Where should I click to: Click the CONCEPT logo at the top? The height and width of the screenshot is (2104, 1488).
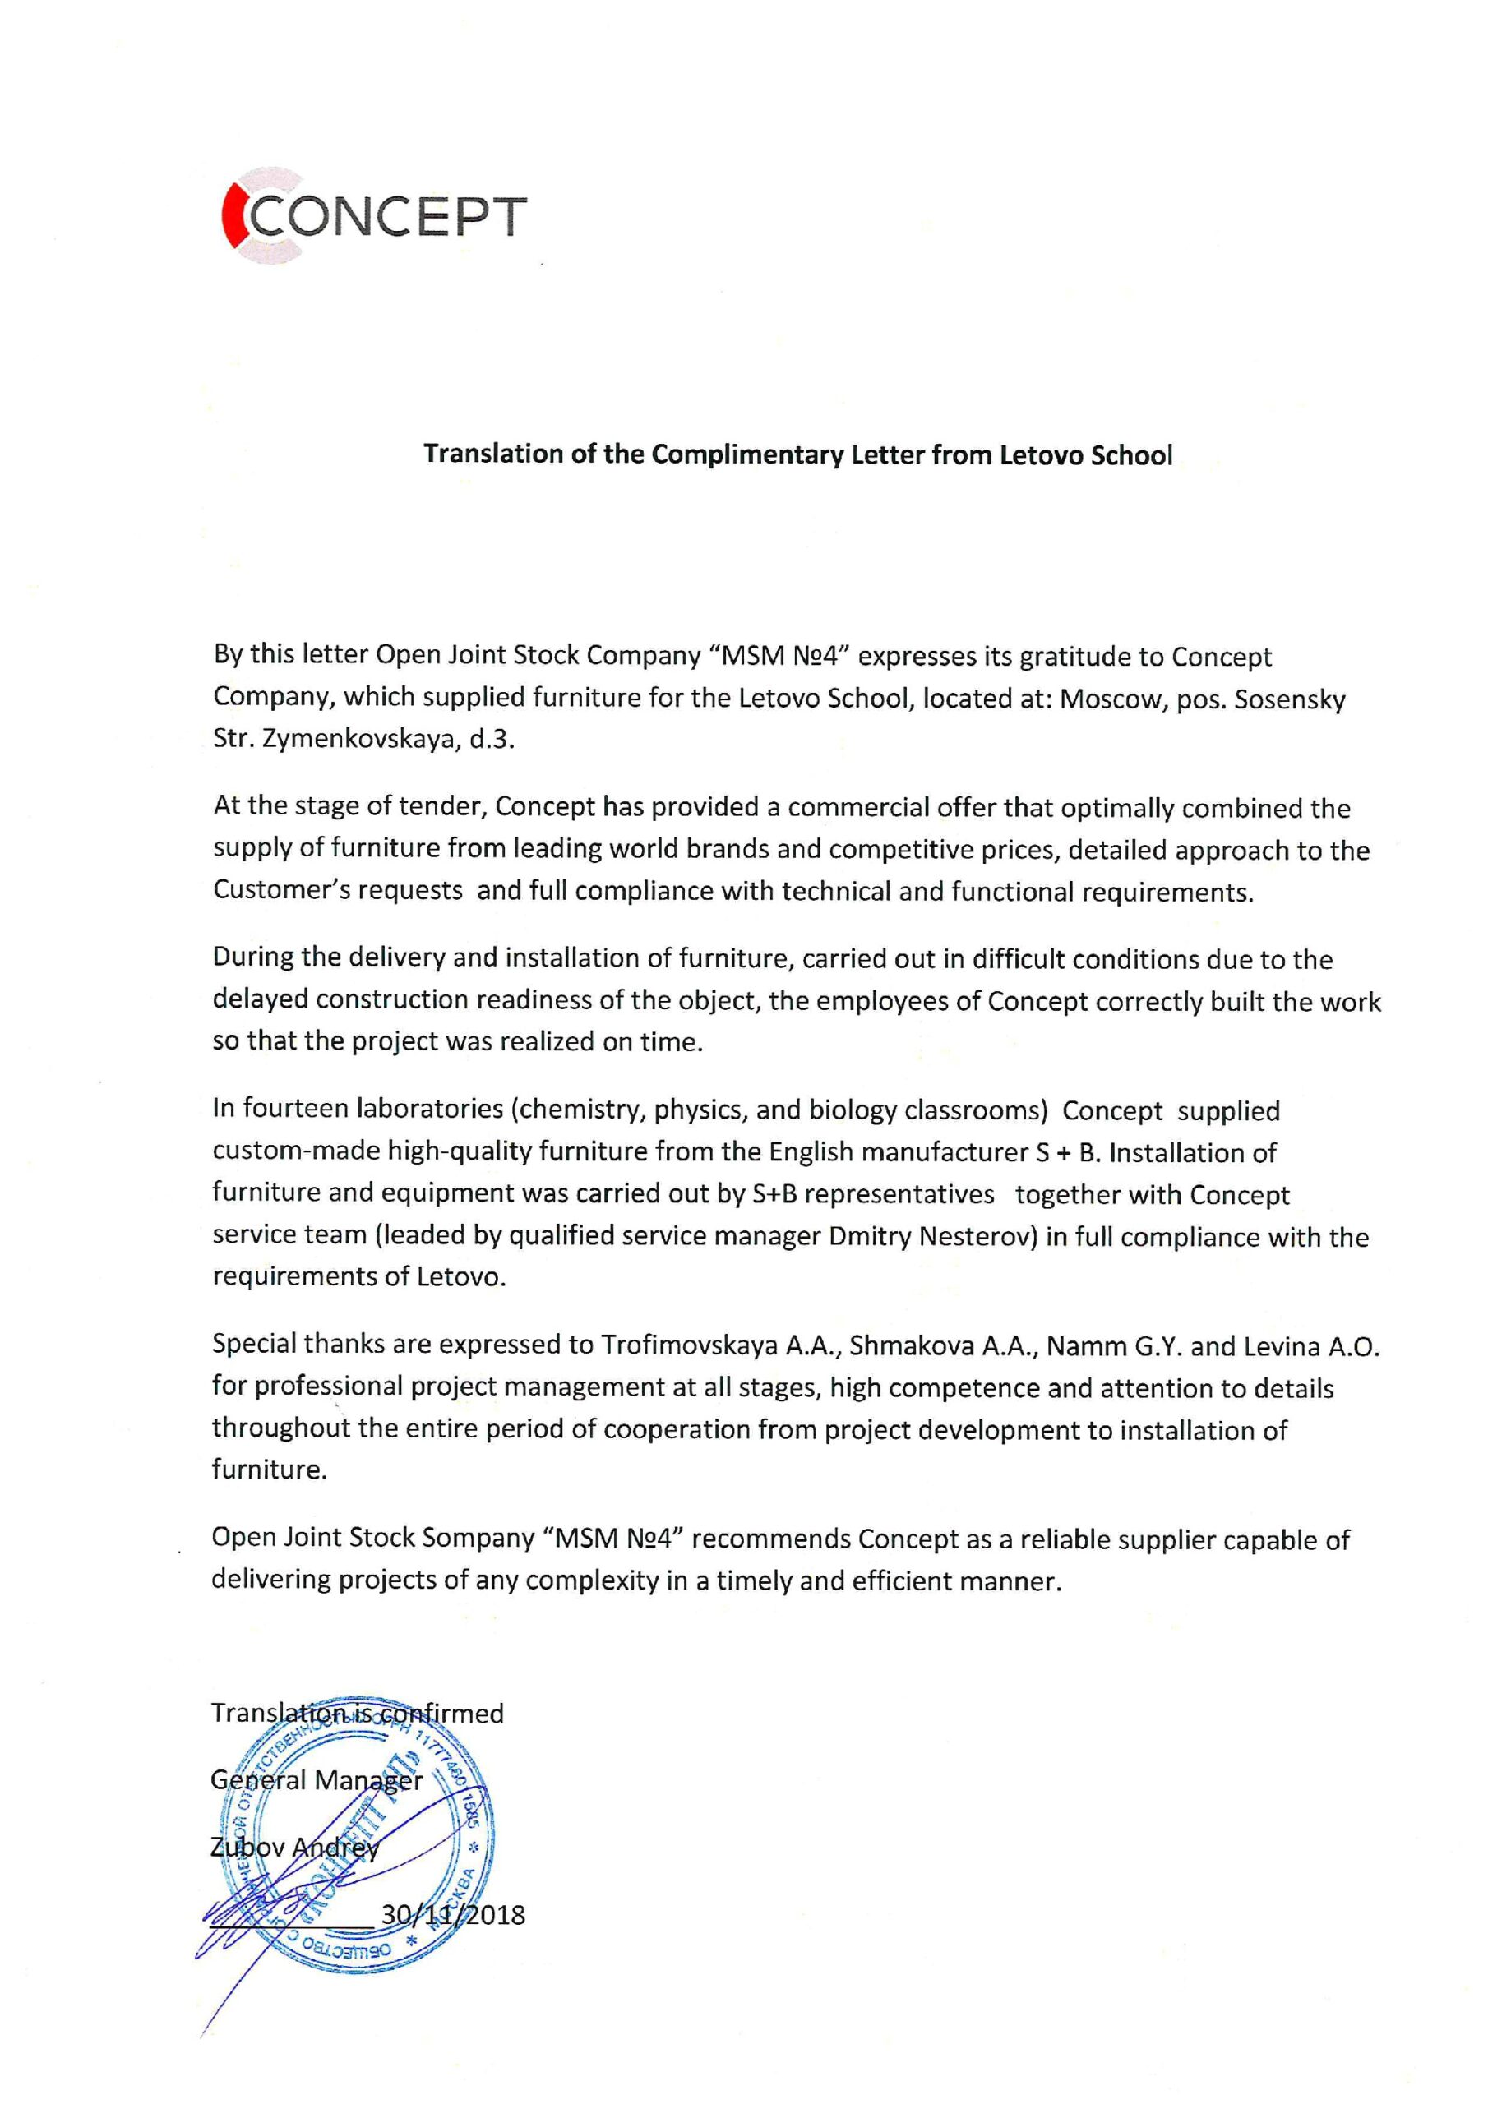[x=374, y=216]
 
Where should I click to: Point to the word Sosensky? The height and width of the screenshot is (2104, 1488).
[x=1290, y=699]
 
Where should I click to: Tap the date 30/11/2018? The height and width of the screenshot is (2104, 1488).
[x=453, y=1914]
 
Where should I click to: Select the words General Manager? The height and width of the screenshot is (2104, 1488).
[x=317, y=1779]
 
